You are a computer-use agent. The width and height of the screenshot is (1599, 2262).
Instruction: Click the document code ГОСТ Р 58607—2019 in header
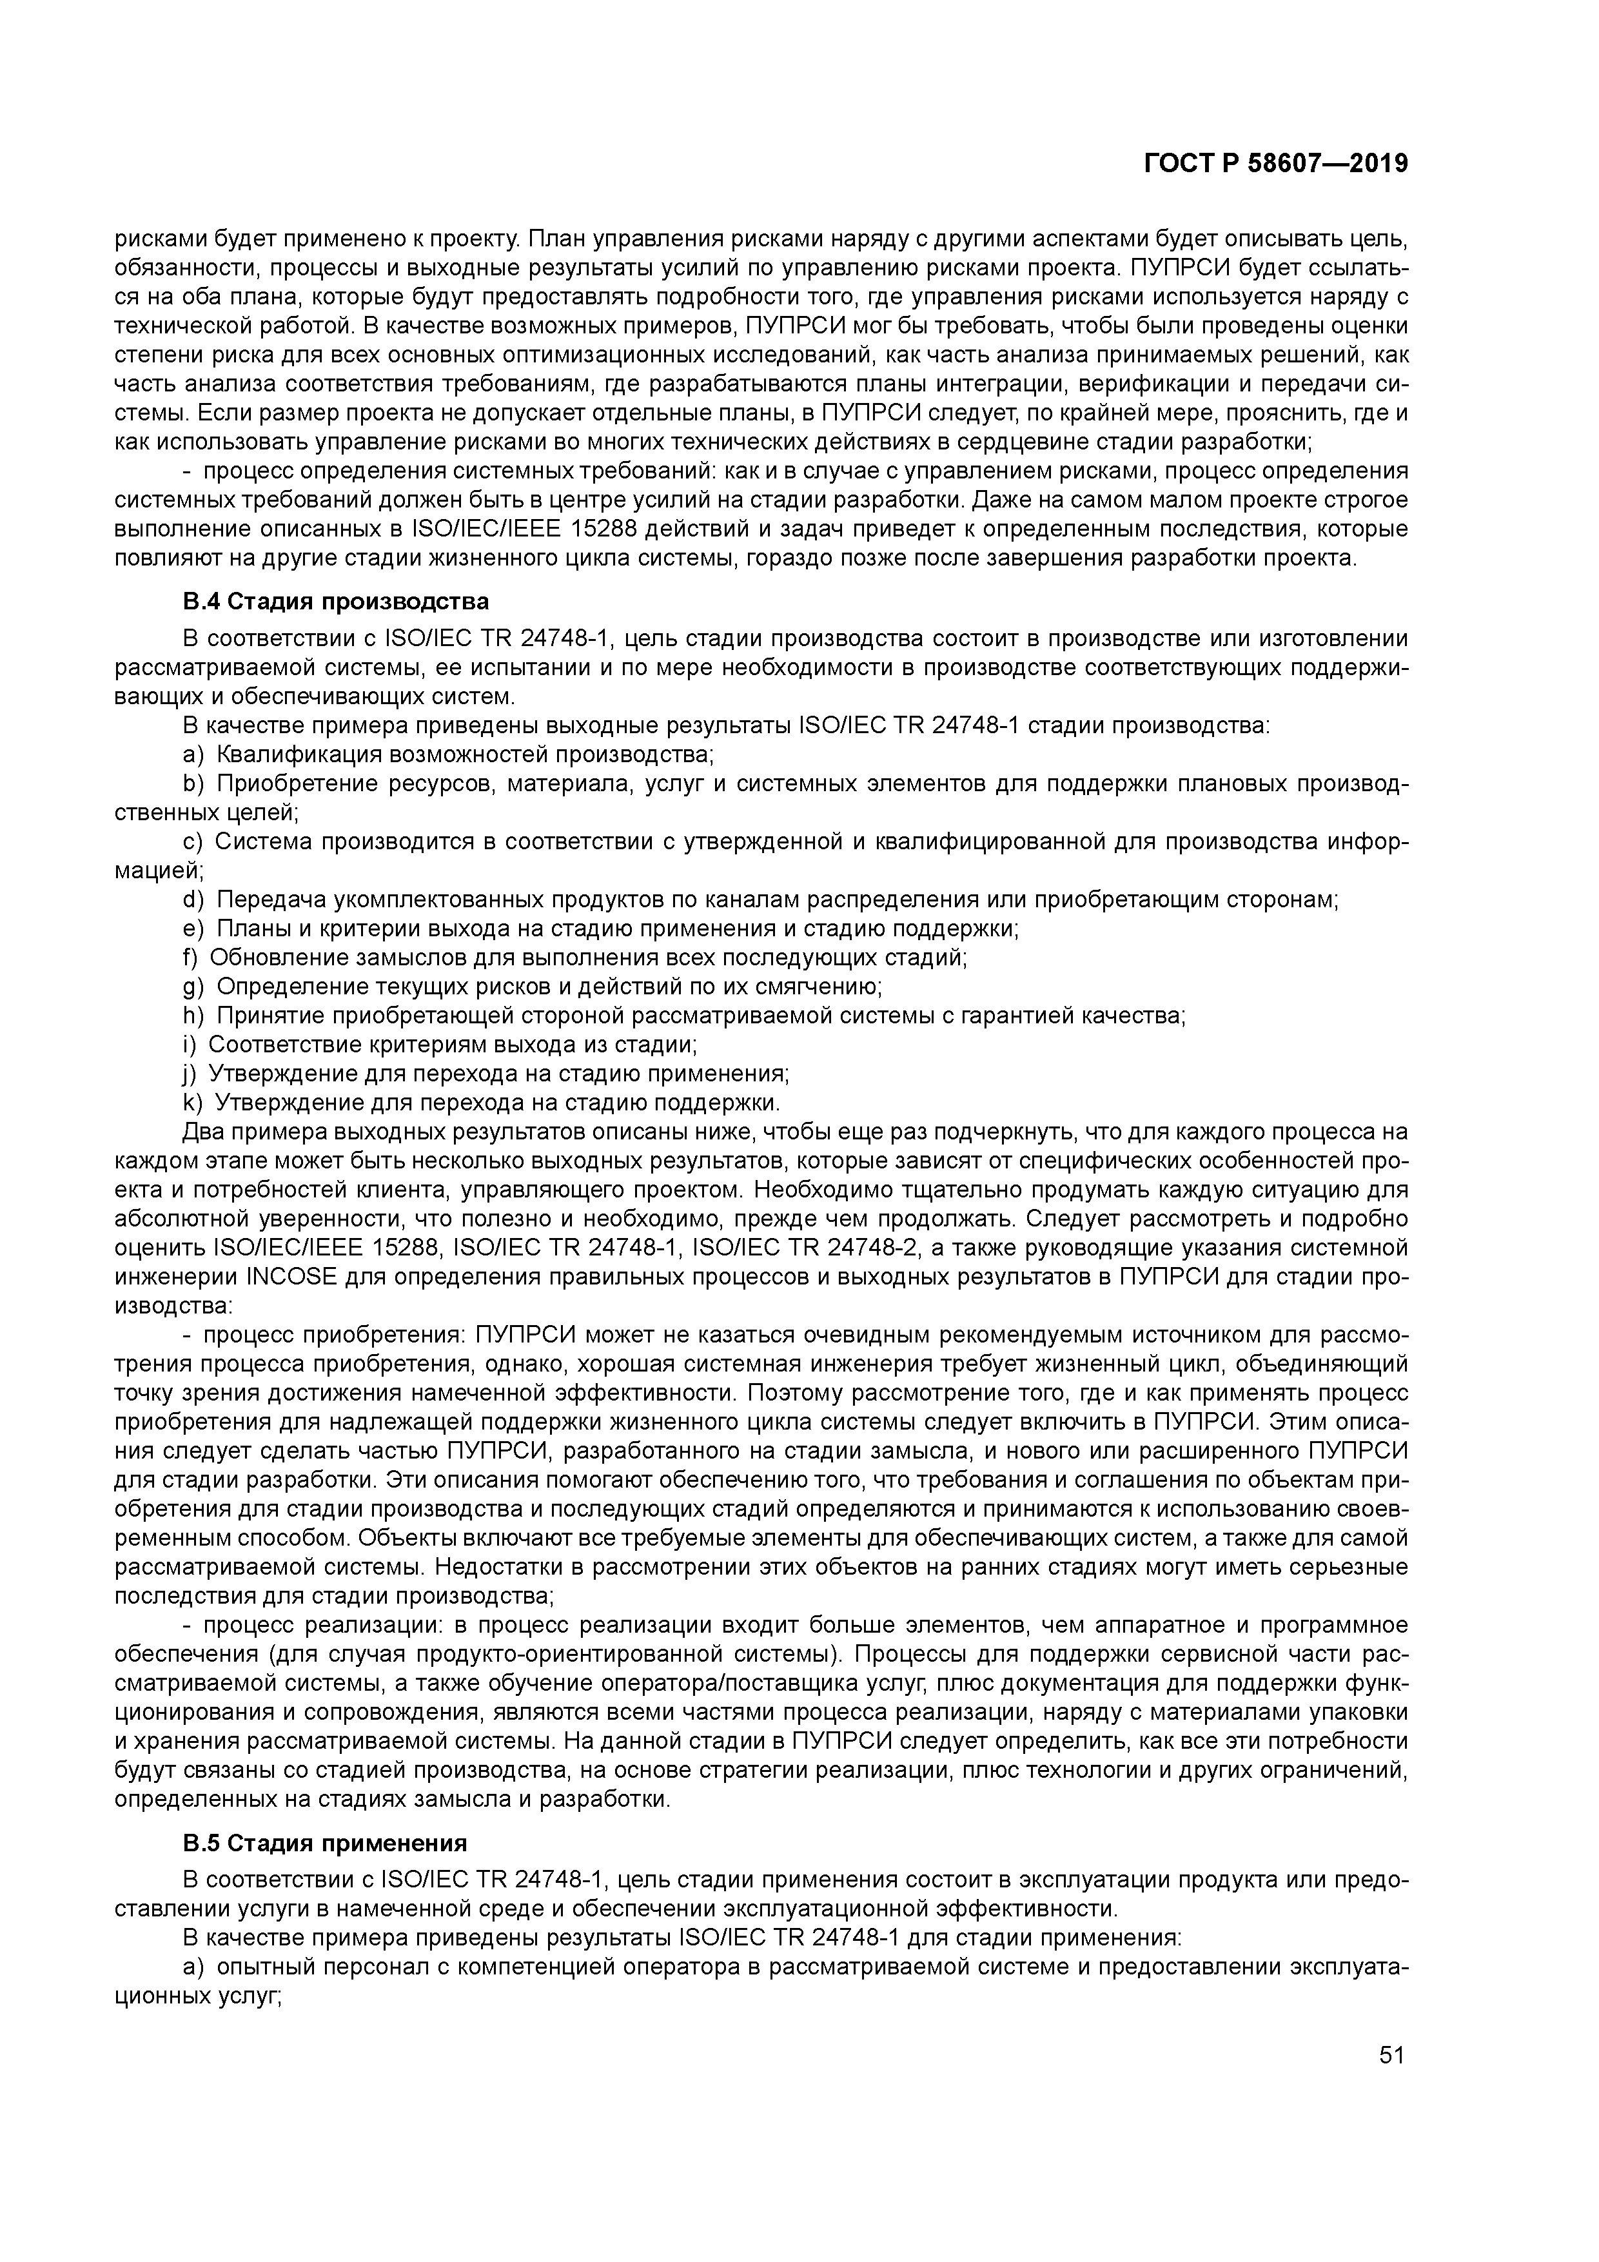pyautogui.click(x=1276, y=164)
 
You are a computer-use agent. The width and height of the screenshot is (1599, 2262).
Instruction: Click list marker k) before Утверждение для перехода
pyautogui.click(x=192, y=1101)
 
